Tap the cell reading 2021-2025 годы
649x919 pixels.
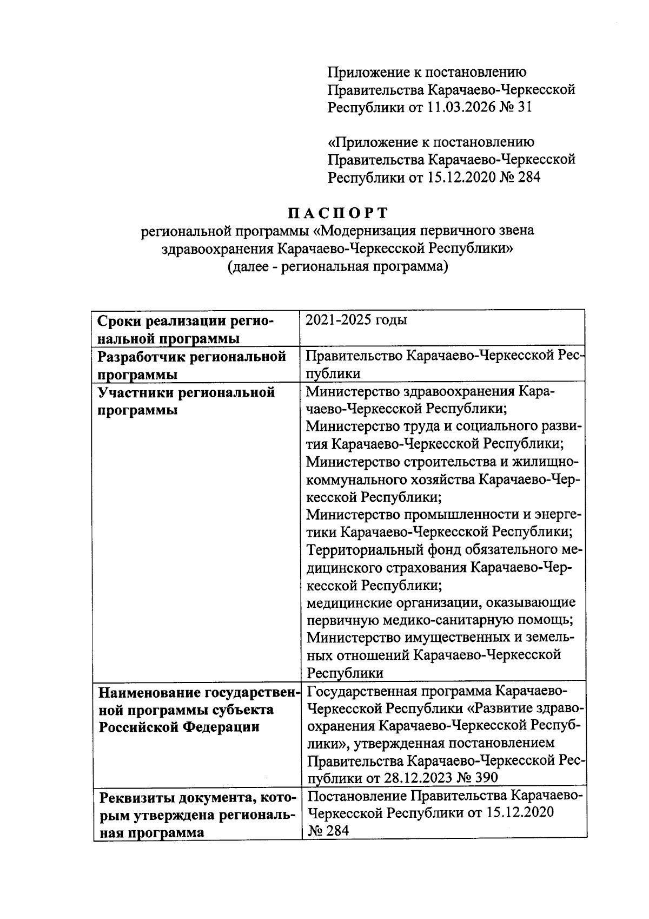click(x=356, y=320)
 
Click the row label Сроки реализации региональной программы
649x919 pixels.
click(x=186, y=330)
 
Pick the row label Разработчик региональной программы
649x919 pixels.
click(x=191, y=365)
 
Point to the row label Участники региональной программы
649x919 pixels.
click(x=186, y=401)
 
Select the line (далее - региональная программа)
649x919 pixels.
click(x=338, y=266)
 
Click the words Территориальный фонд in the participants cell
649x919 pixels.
click(x=388, y=550)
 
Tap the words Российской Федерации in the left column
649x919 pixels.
click(x=178, y=727)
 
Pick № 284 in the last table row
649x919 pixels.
click(x=328, y=830)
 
